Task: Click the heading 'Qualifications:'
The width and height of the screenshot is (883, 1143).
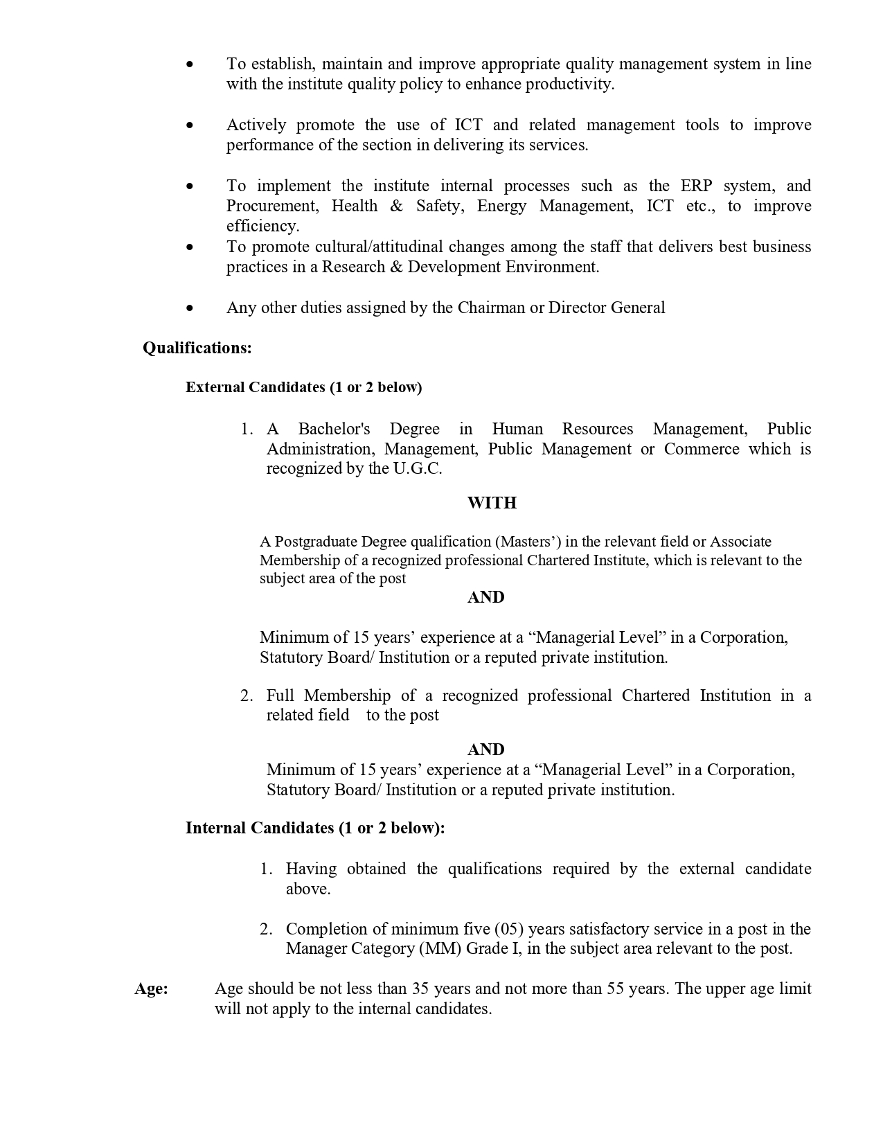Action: [197, 348]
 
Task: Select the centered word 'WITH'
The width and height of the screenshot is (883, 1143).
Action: [492, 503]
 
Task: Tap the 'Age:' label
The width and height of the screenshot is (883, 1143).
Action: [151, 989]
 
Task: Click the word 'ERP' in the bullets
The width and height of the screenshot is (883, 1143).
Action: [696, 186]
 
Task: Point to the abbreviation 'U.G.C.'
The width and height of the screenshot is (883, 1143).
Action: [418, 469]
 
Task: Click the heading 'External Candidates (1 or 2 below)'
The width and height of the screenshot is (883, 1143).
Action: [303, 387]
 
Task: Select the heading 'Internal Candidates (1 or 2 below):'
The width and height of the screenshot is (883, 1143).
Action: [315, 828]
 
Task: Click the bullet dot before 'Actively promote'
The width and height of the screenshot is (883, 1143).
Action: [190, 125]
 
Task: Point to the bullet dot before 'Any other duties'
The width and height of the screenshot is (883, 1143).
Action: [190, 308]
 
